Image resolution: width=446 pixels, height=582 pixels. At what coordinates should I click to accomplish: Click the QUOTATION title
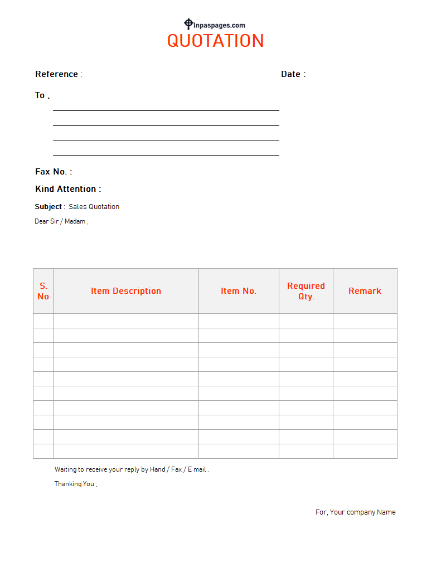click(x=215, y=41)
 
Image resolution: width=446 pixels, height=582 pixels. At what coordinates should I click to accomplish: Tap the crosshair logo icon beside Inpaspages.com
click(x=188, y=24)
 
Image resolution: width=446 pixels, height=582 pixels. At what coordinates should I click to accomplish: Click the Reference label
click(x=57, y=74)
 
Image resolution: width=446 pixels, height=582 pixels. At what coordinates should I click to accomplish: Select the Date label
click(x=291, y=74)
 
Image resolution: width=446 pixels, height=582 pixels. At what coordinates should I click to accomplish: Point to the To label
click(x=40, y=95)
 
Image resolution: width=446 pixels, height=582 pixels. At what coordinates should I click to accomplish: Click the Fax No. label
click(x=52, y=172)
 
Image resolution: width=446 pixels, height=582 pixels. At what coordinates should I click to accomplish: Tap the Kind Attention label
click(x=66, y=189)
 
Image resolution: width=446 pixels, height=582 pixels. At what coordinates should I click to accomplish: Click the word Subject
click(x=49, y=207)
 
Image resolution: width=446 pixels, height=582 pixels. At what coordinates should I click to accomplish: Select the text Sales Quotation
click(x=94, y=207)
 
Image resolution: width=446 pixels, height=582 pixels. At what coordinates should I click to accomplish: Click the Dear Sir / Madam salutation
click(x=60, y=221)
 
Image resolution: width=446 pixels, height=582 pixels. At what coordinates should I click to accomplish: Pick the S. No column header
click(x=43, y=291)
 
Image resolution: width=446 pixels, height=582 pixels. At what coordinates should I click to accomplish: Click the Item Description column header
click(x=126, y=291)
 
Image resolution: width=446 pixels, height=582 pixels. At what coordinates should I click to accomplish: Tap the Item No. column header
click(x=239, y=291)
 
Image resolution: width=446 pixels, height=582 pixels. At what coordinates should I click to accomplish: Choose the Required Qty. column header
click(x=306, y=291)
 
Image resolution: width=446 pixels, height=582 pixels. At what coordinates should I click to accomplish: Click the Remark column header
click(x=365, y=291)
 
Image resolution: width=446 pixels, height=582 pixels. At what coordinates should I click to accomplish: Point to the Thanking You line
click(x=75, y=484)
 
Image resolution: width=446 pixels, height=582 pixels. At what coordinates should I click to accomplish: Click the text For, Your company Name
click(x=356, y=512)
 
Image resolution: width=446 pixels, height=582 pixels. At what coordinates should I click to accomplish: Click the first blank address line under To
click(x=166, y=110)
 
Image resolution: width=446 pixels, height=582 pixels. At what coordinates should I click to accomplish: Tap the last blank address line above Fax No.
click(x=166, y=154)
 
